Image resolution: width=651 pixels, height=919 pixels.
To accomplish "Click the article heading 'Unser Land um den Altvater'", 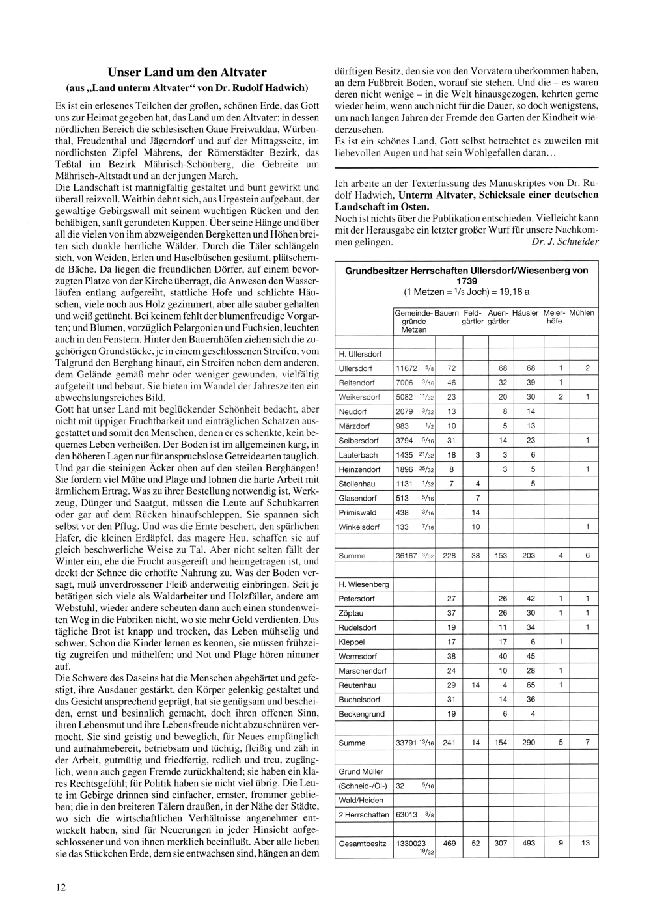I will [187, 72].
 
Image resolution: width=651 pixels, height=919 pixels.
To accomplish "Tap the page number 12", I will [61, 886].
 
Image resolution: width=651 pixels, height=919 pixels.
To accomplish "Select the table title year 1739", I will [466, 281].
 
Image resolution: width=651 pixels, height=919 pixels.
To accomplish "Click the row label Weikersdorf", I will [359, 397].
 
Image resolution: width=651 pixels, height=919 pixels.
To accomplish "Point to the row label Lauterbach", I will [358, 455].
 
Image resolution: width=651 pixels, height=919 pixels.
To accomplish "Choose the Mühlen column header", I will [581, 313].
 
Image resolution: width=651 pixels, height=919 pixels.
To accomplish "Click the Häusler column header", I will [525, 313].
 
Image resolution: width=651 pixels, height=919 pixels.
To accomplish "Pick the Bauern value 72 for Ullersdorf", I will [451, 368].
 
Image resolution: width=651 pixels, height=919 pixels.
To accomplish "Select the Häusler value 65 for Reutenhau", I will [531, 685].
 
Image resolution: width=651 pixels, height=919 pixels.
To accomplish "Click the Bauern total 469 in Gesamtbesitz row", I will [449, 843].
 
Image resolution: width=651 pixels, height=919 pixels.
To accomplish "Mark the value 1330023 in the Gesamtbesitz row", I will [411, 843].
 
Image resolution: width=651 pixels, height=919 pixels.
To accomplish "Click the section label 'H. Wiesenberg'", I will [363, 584].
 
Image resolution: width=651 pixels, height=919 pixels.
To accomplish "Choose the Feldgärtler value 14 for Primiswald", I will [475, 512].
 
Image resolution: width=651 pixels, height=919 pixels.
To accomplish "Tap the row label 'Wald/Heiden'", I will [361, 801].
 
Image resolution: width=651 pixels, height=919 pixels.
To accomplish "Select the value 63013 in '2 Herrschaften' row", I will [406, 815].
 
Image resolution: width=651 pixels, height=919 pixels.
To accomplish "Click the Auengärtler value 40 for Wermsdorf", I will [502, 657].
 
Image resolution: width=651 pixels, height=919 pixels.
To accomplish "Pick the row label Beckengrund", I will [361, 714].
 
